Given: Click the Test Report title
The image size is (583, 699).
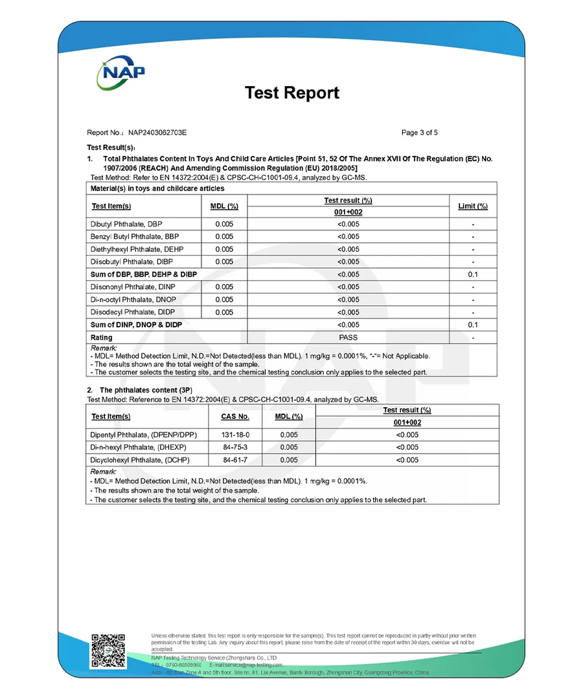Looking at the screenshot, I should pyautogui.click(x=291, y=93).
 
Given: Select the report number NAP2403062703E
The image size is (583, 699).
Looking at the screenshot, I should pyautogui.click(x=157, y=133).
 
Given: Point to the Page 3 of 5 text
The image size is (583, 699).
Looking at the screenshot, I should pyautogui.click(x=420, y=133).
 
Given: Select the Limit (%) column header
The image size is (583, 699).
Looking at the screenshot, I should pyautogui.click(x=473, y=206).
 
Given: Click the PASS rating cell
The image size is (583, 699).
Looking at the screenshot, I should pyautogui.click(x=348, y=337).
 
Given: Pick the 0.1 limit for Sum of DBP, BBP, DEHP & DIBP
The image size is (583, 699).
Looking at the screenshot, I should pyautogui.click(x=473, y=274).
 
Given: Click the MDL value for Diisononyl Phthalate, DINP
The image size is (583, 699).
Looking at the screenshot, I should pyautogui.click(x=224, y=287).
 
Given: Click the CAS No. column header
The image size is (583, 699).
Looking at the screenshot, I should pyautogui.click(x=235, y=417).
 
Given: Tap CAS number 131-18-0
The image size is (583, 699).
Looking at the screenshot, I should pyautogui.click(x=236, y=435).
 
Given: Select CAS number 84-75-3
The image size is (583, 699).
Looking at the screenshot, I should pyautogui.click(x=236, y=447).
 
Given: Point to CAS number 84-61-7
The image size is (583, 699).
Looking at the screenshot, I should pyautogui.click(x=236, y=460).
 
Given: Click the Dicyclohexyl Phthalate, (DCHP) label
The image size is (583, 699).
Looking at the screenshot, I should pyautogui.click(x=141, y=460).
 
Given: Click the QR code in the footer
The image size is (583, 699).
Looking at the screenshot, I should pyautogui.click(x=108, y=650).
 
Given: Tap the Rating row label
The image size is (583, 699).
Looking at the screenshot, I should pyautogui.click(x=102, y=337).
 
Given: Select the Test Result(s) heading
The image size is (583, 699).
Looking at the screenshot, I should pyautogui.click(x=111, y=148).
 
